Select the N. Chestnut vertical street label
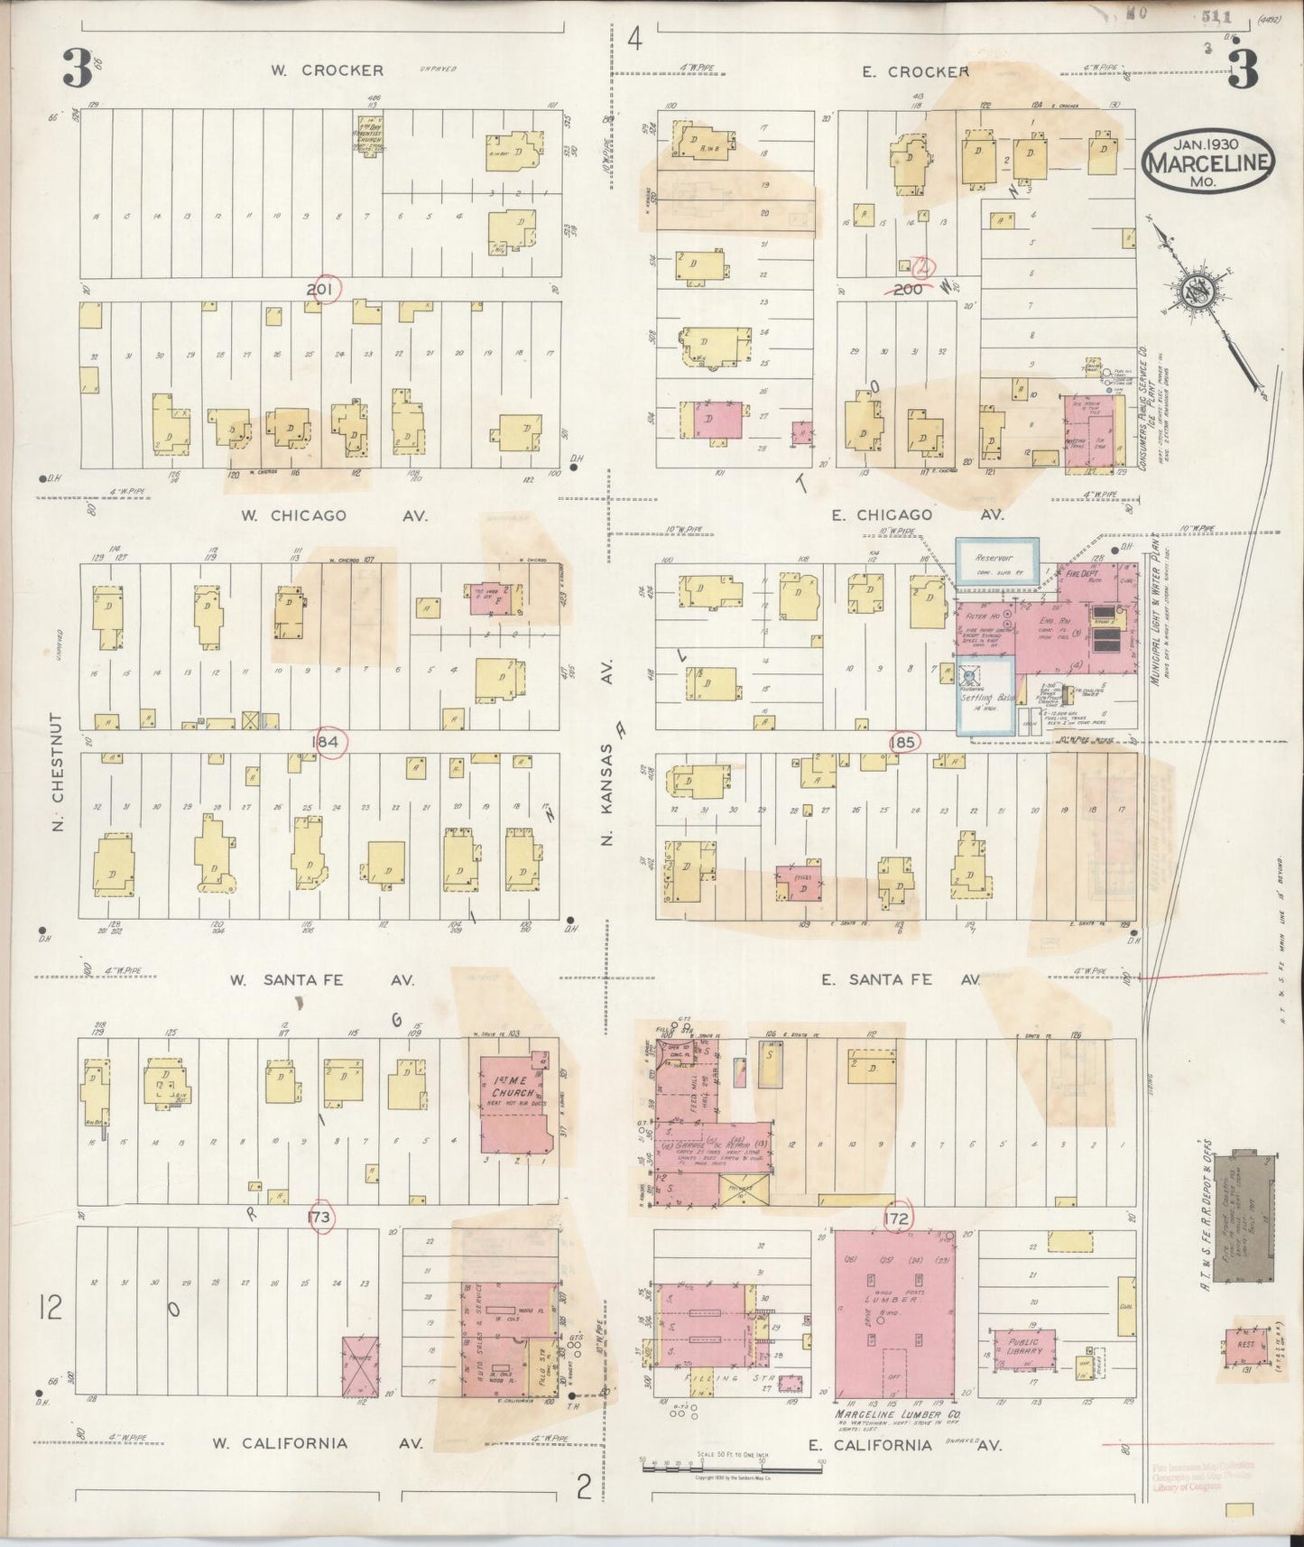57,771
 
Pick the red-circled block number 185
902,742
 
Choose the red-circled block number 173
319,1216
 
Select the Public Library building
1022,1349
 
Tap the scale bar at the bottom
704,1468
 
